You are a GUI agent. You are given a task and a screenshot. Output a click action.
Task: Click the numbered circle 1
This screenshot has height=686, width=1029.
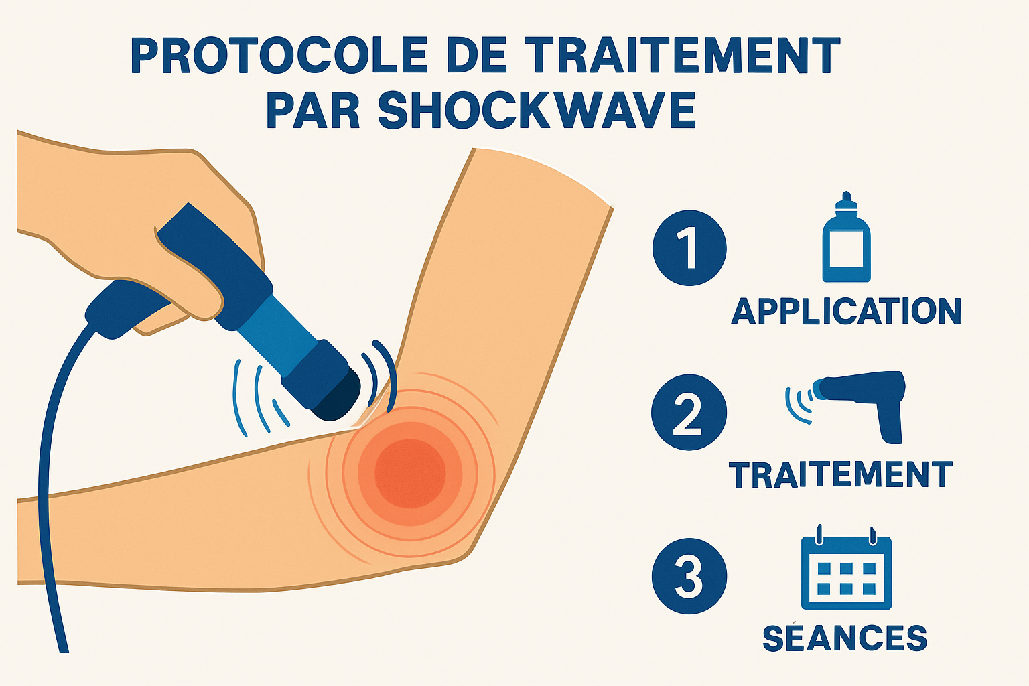(x=689, y=249)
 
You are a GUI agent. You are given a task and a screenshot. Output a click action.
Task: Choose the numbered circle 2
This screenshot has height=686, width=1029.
(x=689, y=412)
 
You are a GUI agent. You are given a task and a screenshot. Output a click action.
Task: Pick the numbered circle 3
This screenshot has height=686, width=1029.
(x=689, y=576)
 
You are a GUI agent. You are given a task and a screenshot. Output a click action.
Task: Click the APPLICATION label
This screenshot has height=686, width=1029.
(x=846, y=312)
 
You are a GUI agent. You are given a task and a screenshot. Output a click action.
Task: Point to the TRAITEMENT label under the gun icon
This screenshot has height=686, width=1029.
(x=841, y=475)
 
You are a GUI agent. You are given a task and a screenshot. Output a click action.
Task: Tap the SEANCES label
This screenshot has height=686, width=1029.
(x=845, y=638)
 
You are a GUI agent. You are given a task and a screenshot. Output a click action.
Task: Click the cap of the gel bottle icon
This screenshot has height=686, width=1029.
(x=845, y=204)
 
